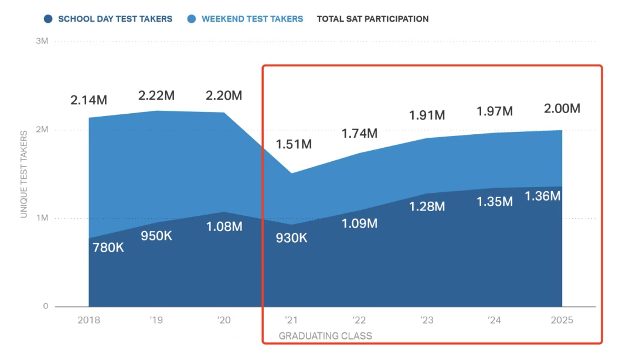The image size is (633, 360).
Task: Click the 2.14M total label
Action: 89,100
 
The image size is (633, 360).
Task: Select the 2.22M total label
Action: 156,96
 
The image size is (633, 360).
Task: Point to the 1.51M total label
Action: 294,144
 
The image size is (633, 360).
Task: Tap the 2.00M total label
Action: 562,108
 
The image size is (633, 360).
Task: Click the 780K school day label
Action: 108,247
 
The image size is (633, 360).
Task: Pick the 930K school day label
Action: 291,238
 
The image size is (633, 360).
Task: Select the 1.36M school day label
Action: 543,196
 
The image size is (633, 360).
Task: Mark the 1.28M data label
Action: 427,206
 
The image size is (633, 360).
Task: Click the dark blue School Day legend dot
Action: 48,19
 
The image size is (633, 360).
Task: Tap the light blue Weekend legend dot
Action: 192,19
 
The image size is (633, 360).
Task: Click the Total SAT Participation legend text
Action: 373,19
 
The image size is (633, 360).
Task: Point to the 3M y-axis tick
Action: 42,41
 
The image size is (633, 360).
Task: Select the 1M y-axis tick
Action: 42,218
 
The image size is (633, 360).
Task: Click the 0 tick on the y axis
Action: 45,307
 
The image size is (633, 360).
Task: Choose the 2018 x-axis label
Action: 89,321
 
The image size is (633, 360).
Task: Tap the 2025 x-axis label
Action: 562,321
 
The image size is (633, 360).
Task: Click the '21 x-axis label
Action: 291,321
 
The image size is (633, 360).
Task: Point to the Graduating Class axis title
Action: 325,336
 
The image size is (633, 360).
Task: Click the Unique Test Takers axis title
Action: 24,174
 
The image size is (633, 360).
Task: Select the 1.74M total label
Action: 359,133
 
